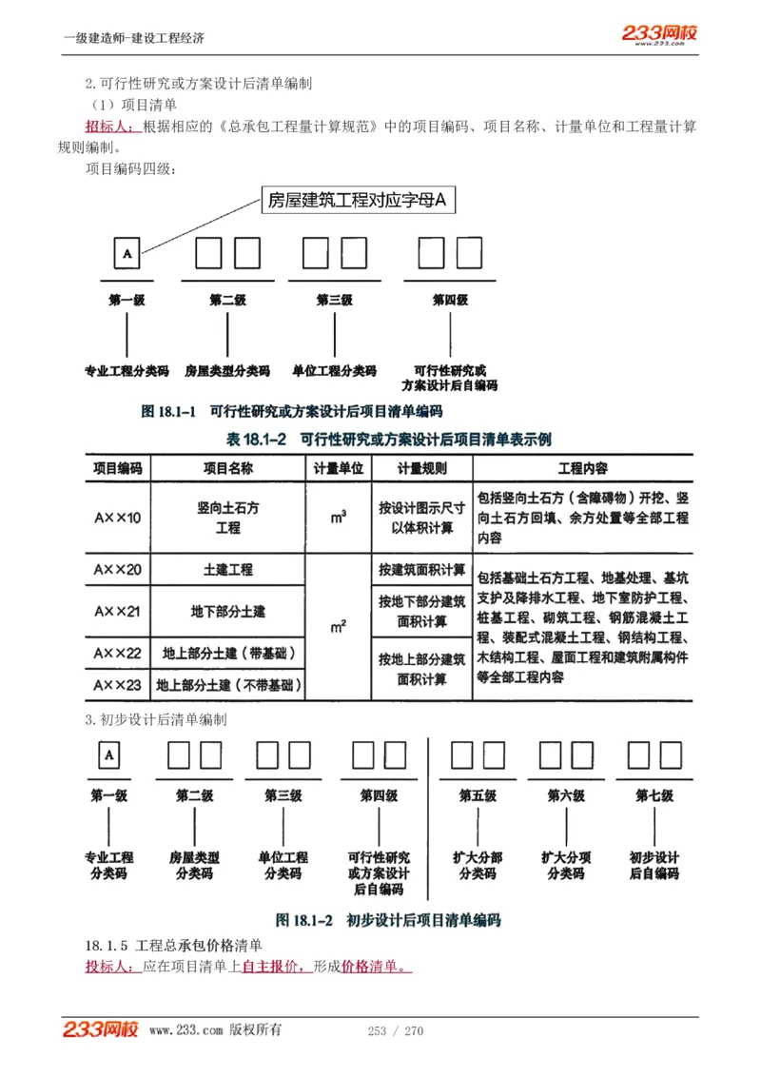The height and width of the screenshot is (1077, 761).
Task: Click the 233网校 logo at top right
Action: tap(660, 33)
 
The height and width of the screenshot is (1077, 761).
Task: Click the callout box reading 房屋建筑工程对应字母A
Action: tap(357, 200)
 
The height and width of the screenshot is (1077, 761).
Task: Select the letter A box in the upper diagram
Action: tap(127, 253)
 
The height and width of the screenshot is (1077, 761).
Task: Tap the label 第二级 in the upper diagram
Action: tap(227, 300)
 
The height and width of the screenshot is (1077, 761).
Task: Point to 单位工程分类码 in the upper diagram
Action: tap(334, 371)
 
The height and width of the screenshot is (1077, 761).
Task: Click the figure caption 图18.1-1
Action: tap(292, 412)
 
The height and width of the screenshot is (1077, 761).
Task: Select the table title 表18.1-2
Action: tap(388, 440)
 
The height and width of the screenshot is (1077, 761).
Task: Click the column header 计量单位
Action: tap(338, 468)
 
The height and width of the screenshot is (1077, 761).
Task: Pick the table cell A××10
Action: tap(117, 518)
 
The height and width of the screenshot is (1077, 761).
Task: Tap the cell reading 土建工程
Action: tap(227, 570)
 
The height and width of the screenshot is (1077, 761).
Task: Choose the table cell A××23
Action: tap(117, 684)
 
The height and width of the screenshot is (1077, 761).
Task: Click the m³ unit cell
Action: tap(338, 518)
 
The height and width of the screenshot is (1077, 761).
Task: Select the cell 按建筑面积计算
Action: tap(421, 570)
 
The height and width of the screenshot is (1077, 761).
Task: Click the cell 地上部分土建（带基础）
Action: tap(227, 654)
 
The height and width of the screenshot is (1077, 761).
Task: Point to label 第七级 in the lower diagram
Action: tap(654, 795)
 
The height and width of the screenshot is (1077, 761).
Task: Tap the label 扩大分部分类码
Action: tap(478, 865)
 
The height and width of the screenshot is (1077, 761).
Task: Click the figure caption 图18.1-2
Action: tap(388, 920)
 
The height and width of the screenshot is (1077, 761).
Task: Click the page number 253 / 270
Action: tap(395, 1031)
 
